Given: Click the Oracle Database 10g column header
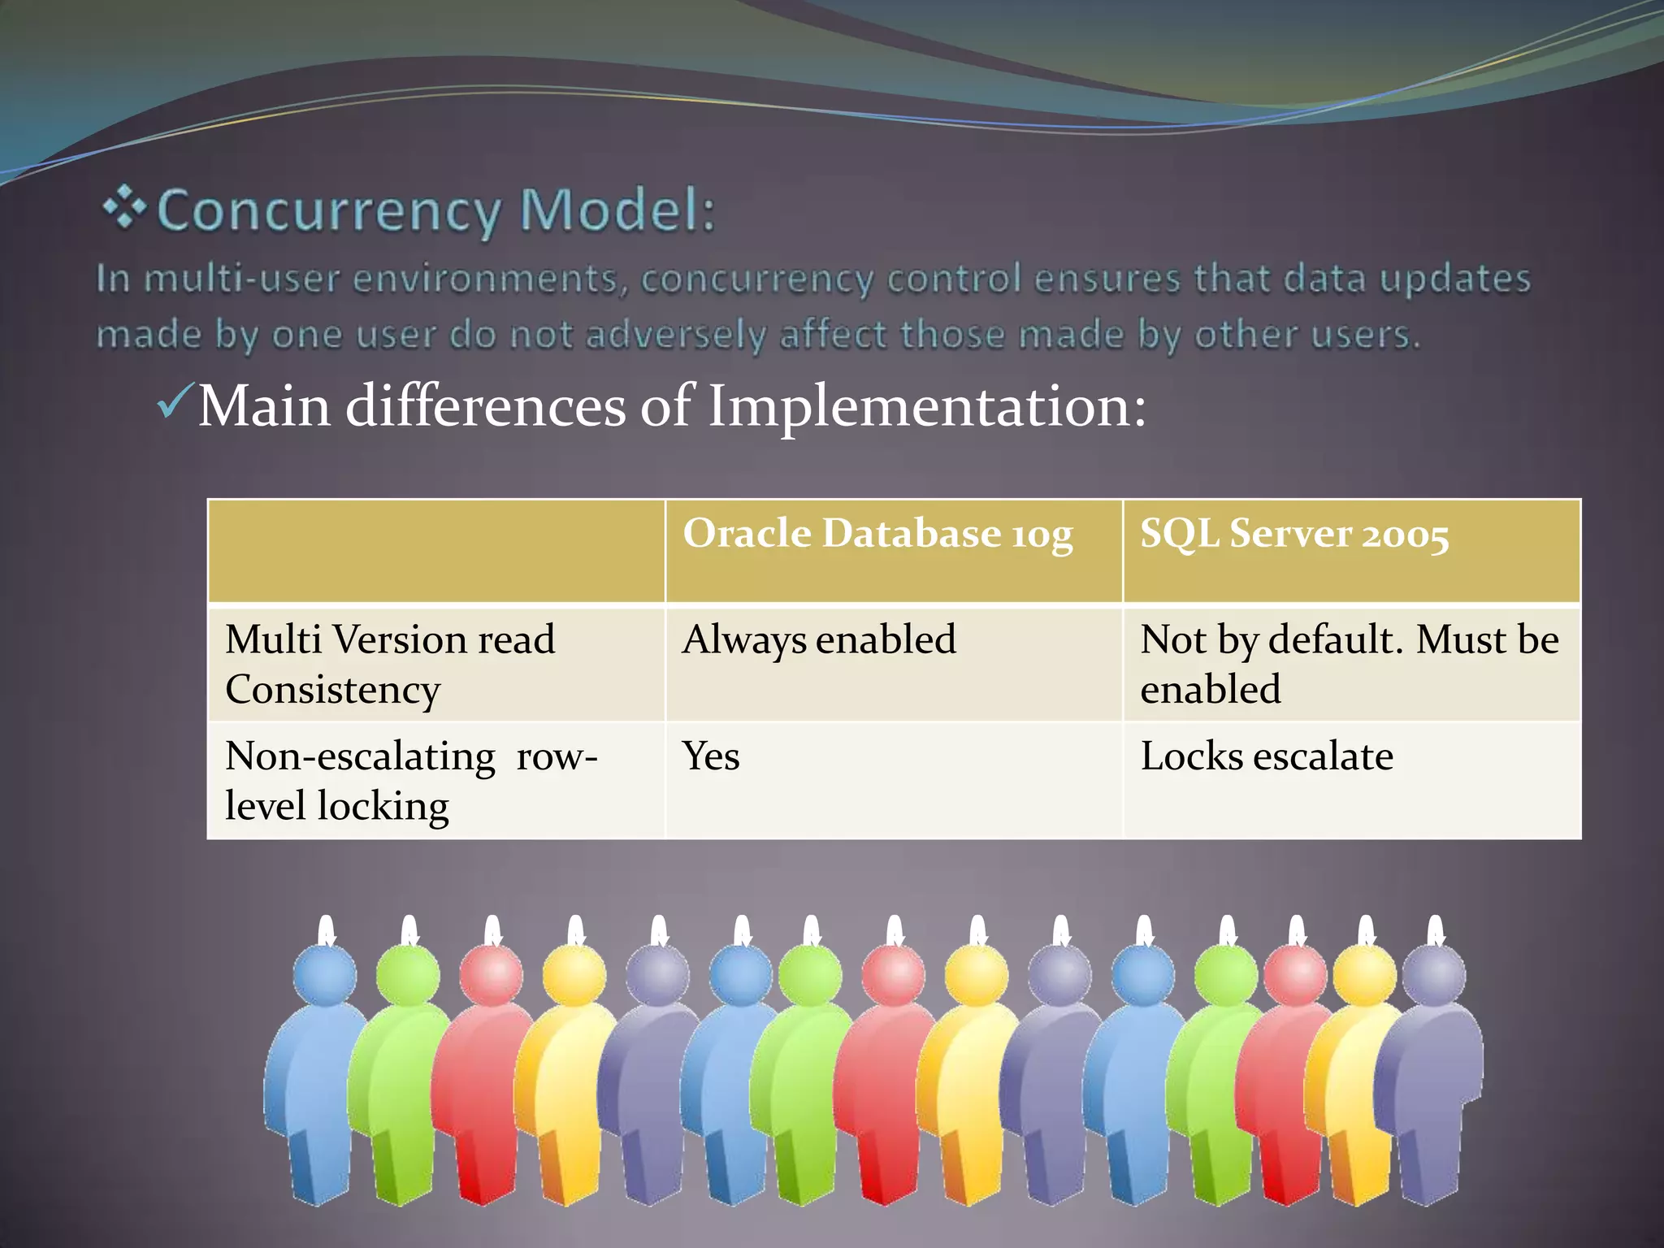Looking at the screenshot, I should click(x=877, y=535).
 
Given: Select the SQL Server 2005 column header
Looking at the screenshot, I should click(x=1293, y=535).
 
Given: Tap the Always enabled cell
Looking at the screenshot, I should click(x=819, y=639).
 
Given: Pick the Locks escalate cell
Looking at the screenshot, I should click(x=1266, y=756).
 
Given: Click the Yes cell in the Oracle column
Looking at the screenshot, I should click(x=711, y=756).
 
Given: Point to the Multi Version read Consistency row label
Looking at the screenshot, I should click(x=390, y=664).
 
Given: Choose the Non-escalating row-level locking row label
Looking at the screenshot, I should click(x=411, y=781).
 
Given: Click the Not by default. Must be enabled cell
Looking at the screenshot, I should click(x=1349, y=664).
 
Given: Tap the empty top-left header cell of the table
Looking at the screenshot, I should click(x=436, y=551).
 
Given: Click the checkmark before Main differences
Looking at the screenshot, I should click(x=175, y=401).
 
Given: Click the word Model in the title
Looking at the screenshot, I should click(x=617, y=210).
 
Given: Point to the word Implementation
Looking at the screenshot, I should click(x=926, y=405).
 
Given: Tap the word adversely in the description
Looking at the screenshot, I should click(x=674, y=335).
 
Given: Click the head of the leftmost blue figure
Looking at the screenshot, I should click(x=324, y=975).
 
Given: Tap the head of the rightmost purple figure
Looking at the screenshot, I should click(x=1434, y=975).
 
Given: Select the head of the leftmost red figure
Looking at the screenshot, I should click(x=492, y=975).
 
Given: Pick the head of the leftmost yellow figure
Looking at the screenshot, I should click(x=574, y=975).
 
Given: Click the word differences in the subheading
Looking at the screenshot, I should click(x=485, y=405).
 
